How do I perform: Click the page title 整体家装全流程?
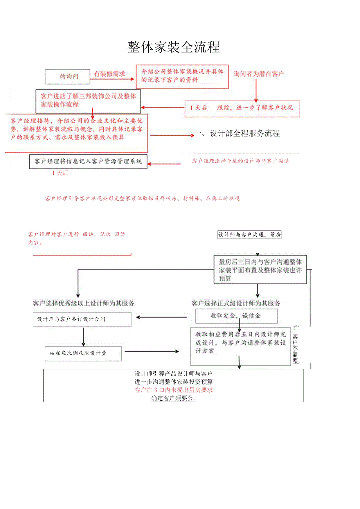[174, 47]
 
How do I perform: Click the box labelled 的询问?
[67, 77]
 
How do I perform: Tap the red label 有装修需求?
[110, 74]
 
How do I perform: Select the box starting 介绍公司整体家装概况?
[182, 76]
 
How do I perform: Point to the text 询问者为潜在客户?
[259, 74]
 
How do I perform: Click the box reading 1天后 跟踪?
[242, 108]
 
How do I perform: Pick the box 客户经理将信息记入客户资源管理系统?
[88, 161]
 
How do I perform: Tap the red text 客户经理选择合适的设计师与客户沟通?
[241, 161]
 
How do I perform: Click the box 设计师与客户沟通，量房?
[250, 235]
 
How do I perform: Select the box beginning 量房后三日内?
[260, 270]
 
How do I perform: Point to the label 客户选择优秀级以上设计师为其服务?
[84, 303]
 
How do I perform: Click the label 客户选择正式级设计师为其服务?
[236, 303]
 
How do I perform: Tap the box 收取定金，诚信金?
[236, 316]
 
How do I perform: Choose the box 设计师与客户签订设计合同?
[82, 319]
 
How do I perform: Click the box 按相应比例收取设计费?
[83, 353]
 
